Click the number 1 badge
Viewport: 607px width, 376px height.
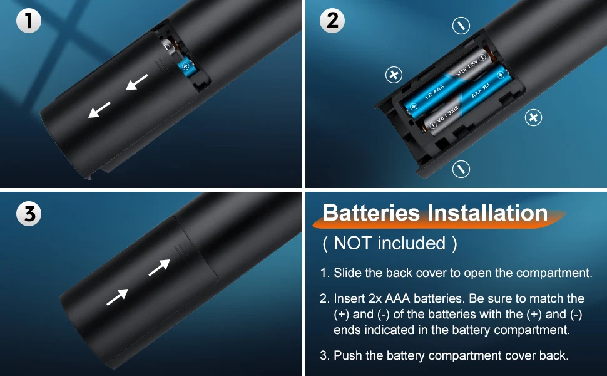pyautogui.click(x=29, y=21)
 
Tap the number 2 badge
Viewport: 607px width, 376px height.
pyautogui.click(x=332, y=21)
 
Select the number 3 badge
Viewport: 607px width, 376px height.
pyautogui.click(x=29, y=214)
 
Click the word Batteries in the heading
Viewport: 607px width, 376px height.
pyautogui.click(x=371, y=213)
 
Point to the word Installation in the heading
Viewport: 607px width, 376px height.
pyautogui.click(x=487, y=213)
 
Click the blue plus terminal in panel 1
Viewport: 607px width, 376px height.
pyautogui.click(x=185, y=66)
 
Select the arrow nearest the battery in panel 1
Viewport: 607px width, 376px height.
pyautogui.click(x=136, y=82)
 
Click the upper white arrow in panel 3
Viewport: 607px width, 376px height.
pyautogui.click(x=159, y=268)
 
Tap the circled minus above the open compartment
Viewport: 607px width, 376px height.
pyautogui.click(x=461, y=26)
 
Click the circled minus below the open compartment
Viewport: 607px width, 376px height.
pyautogui.click(x=461, y=169)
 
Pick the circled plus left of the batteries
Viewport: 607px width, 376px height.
pyautogui.click(x=394, y=75)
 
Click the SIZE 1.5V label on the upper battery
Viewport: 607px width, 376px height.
pyautogui.click(x=467, y=68)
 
